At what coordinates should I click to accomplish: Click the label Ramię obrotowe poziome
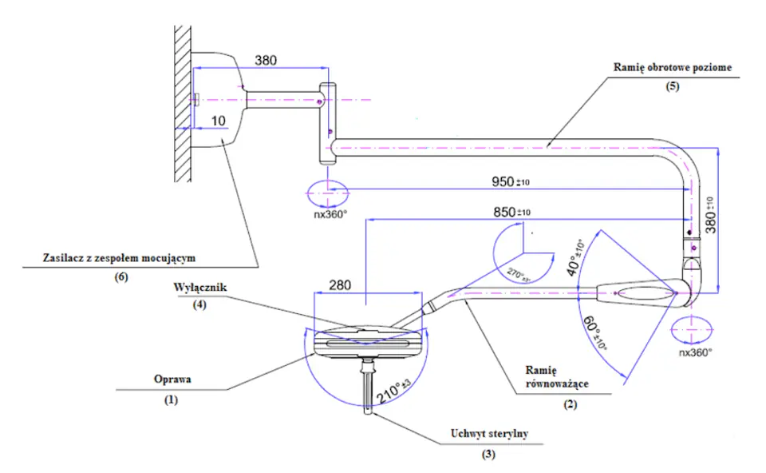[672, 69]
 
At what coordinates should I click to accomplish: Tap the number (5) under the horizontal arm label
[672, 86]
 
